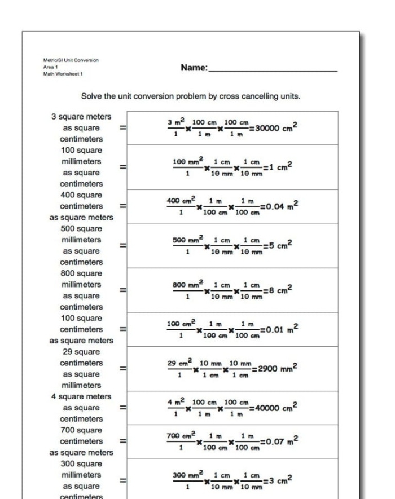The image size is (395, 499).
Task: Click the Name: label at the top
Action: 194,68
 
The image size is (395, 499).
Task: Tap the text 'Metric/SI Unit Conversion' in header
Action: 71,60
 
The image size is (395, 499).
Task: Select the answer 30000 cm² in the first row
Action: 276,127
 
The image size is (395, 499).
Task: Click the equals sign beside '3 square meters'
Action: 122,128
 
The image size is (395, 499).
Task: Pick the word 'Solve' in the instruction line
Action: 93,96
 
